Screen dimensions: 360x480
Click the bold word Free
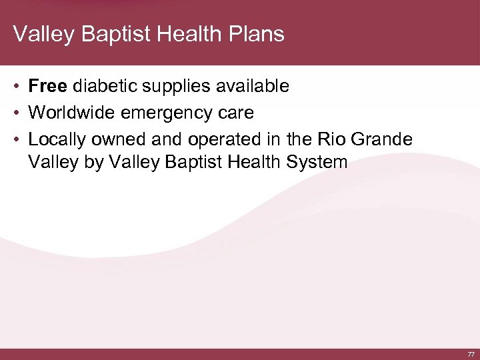click(48, 86)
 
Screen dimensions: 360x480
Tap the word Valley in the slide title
click(39, 33)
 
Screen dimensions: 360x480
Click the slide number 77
click(471, 355)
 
